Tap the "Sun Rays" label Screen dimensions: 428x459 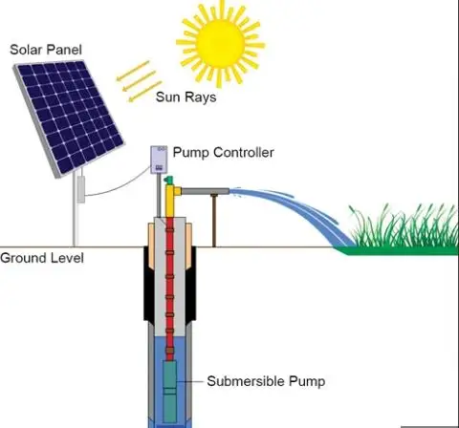click(x=186, y=96)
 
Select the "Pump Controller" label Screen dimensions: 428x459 click(x=223, y=153)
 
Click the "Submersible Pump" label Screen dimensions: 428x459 click(x=267, y=381)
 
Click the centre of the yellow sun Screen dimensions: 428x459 click(x=216, y=39)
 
